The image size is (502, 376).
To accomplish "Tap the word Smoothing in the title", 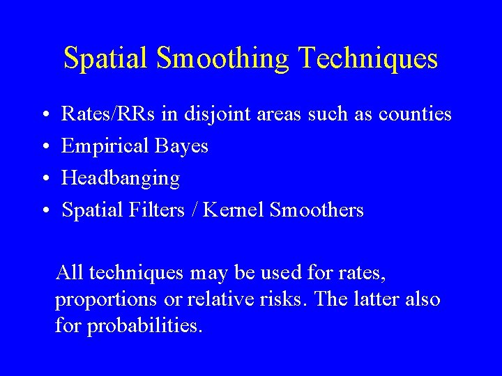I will [223, 58].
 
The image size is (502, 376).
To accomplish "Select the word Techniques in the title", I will [367, 58].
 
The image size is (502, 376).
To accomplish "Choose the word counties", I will [415, 113].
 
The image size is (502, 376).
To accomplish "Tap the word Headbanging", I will [121, 179].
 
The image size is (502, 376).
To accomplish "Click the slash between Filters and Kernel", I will [209, 210].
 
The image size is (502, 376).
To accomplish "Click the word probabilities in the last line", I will [144, 325].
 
